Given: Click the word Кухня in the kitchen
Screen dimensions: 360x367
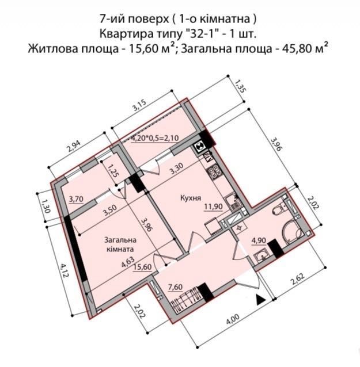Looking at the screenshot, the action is point(191,198).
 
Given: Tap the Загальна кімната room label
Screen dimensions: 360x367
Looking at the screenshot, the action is point(120,244).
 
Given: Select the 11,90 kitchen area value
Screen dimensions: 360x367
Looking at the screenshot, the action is point(213,207).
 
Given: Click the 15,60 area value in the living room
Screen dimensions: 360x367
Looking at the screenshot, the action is point(142,267).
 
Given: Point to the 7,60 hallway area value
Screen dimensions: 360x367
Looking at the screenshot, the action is point(176,286).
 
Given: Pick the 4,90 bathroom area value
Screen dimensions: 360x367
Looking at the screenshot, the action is point(259,240).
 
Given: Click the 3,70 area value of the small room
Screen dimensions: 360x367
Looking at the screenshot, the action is point(76,199).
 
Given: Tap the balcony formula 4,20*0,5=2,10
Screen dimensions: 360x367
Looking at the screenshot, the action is point(155,138).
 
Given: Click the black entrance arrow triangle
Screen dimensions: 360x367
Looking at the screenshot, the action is point(260,300).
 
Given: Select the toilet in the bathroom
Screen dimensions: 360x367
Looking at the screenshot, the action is point(279,208).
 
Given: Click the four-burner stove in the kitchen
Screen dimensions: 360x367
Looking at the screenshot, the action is point(215,173).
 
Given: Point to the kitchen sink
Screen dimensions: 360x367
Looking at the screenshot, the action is point(232,202).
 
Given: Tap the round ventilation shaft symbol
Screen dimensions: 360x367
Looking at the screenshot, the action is point(200,147).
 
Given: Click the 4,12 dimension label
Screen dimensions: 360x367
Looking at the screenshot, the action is point(64,270).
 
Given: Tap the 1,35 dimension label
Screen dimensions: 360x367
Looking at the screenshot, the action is point(239,86).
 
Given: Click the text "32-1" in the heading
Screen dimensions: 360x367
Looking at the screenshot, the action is point(198,34).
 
